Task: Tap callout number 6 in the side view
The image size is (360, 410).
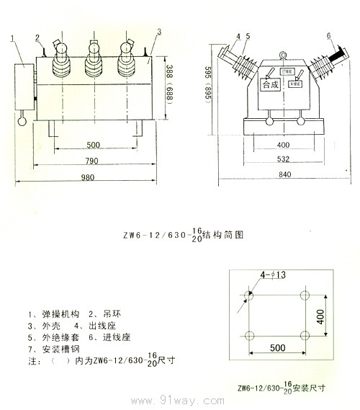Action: point(328,35)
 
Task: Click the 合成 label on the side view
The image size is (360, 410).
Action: point(270,84)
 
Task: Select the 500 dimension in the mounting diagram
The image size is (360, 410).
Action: point(278,348)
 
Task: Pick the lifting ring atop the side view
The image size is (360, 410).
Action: point(282,53)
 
